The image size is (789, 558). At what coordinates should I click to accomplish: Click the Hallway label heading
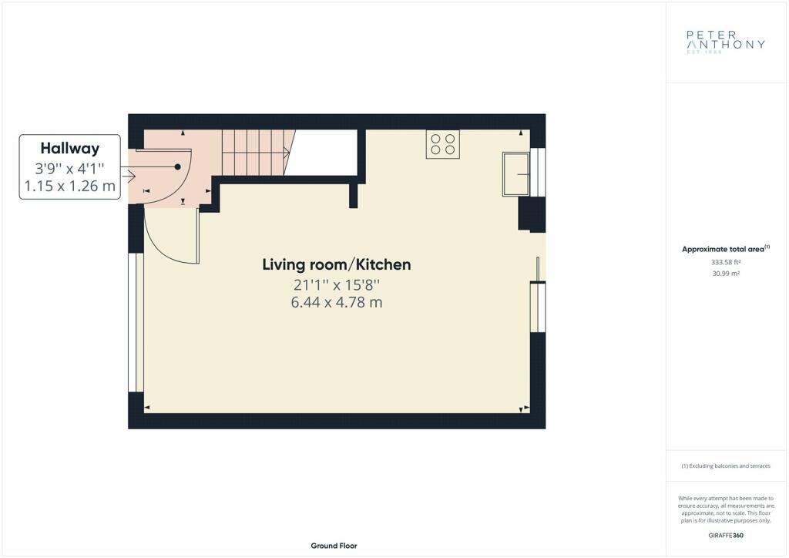point(70,149)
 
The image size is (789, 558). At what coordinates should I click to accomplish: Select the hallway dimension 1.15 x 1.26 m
point(70,187)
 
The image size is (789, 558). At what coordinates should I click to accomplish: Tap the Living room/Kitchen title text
point(336,264)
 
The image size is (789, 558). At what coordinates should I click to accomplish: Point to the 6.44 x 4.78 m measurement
point(336,302)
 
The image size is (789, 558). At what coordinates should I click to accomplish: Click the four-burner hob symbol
point(443,144)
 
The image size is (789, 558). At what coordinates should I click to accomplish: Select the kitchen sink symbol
point(515,173)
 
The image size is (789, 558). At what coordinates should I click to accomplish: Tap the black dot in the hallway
point(178,166)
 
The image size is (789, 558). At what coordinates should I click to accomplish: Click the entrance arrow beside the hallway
point(129,176)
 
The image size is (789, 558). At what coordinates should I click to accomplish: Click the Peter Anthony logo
point(726,41)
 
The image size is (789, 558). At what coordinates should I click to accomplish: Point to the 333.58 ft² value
point(726,262)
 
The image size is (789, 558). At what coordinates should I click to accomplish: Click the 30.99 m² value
point(726,274)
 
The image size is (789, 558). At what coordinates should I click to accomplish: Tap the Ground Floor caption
point(334,546)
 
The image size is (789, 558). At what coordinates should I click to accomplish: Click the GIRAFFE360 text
point(726,536)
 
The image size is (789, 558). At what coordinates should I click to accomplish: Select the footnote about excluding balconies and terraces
point(726,466)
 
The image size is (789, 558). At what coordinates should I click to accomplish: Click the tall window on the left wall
point(136,322)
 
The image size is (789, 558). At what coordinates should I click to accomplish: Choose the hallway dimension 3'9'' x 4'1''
point(70,168)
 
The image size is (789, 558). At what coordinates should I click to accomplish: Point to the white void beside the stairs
point(324,153)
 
